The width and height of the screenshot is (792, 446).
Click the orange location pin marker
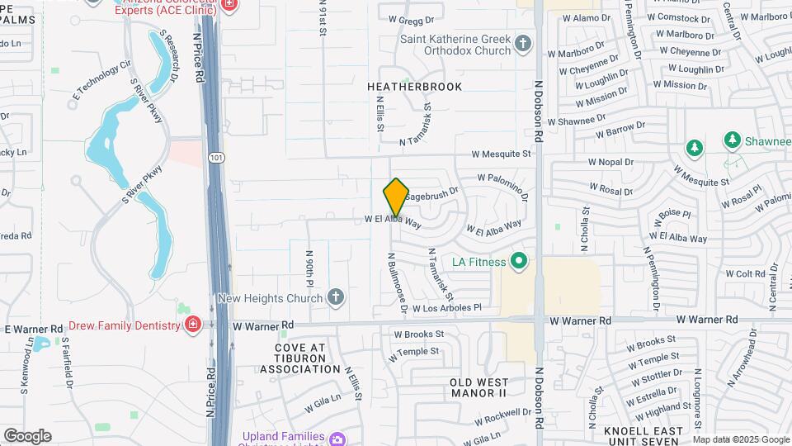396,197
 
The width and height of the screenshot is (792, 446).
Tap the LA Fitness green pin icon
519,263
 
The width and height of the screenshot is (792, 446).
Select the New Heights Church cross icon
335,297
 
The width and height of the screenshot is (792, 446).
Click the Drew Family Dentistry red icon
192,325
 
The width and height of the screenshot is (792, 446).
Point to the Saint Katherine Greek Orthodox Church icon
522,43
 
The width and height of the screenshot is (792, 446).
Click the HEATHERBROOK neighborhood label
415,87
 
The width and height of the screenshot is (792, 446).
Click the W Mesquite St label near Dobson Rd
501,154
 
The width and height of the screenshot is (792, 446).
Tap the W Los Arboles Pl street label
447,308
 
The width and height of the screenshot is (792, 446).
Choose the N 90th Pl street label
309,269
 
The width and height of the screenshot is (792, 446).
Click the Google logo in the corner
28,435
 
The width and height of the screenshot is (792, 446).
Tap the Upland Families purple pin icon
337,439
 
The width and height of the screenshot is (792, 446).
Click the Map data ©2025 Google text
739,439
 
